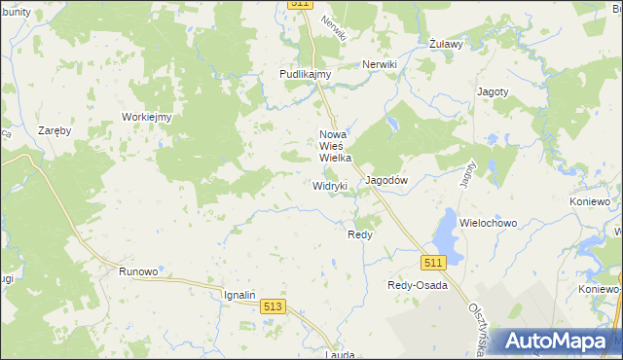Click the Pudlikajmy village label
pyautogui.click(x=306, y=74)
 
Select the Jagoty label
pyautogui.click(x=493, y=91)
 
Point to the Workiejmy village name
pyautogui.click(x=146, y=117)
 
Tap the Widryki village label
pyautogui.click(x=330, y=185)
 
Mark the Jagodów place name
pyautogui.click(x=385, y=181)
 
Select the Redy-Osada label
pyautogui.click(x=418, y=285)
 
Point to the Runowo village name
pyautogui.click(x=137, y=272)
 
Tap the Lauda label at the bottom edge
pyautogui.click(x=341, y=355)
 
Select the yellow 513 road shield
pyautogui.click(x=274, y=306)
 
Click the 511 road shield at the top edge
pyautogui.click(x=301, y=5)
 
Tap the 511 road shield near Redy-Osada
pyautogui.click(x=434, y=263)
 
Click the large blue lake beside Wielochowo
pyautogui.click(x=447, y=233)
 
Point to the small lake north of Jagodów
pyautogui.click(x=391, y=125)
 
